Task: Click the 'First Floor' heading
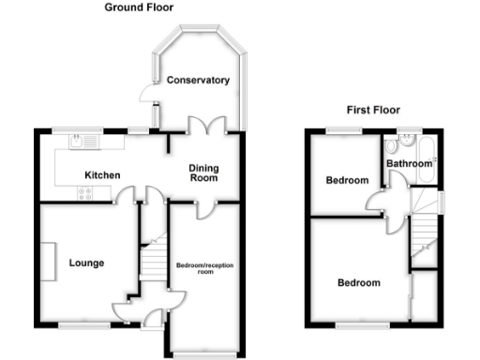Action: point(372,110)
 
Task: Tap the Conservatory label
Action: point(198,81)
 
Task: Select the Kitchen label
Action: point(101,175)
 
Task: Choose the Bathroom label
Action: point(411,163)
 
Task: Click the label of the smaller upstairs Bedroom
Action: point(347,180)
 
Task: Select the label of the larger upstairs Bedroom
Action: point(359,283)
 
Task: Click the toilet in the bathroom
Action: point(404,145)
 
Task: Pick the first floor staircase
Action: point(425,229)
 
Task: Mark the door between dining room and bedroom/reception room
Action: point(203,208)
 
